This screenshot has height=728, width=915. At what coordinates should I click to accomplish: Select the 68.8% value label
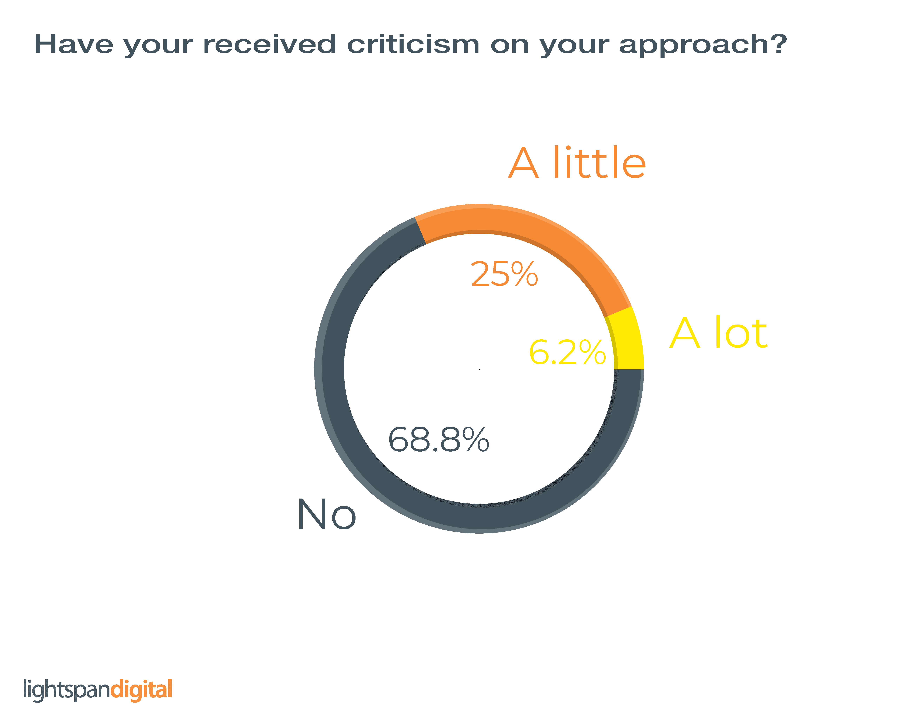[438, 440]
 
